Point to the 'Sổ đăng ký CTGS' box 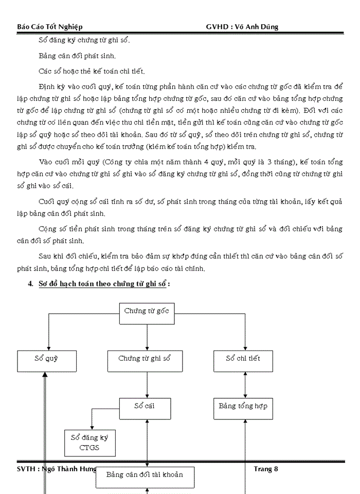[x=89, y=443]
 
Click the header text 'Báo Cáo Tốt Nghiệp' [x=50, y=27]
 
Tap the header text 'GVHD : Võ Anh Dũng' [x=242, y=27]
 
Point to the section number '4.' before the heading [x=31, y=284]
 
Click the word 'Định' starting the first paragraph [x=46, y=86]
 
